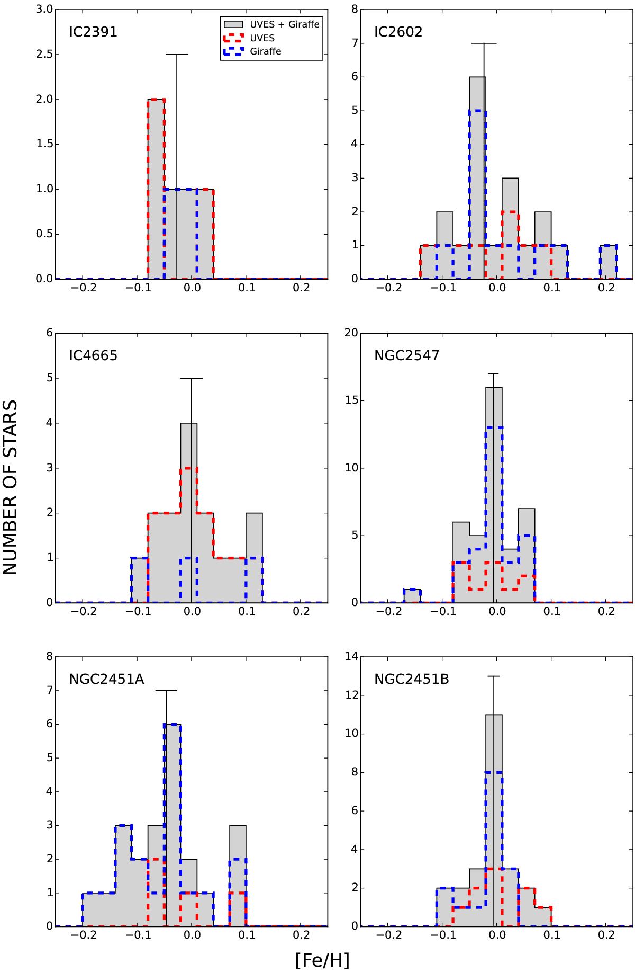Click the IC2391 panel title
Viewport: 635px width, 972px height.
pos(93,32)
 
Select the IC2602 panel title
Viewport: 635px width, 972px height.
pos(398,32)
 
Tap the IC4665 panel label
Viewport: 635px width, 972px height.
pos(93,355)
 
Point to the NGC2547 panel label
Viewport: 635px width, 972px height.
pos(406,355)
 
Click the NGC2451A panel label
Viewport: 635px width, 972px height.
pos(106,679)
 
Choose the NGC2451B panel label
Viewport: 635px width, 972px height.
pos(411,679)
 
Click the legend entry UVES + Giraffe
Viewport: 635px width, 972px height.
pos(285,24)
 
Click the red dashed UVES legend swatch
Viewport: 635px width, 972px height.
pos(233,38)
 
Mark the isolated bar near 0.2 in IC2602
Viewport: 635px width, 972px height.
pos(609,262)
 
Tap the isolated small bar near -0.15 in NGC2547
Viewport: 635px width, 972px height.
pos(412,596)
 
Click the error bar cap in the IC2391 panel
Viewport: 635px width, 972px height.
pos(177,55)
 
